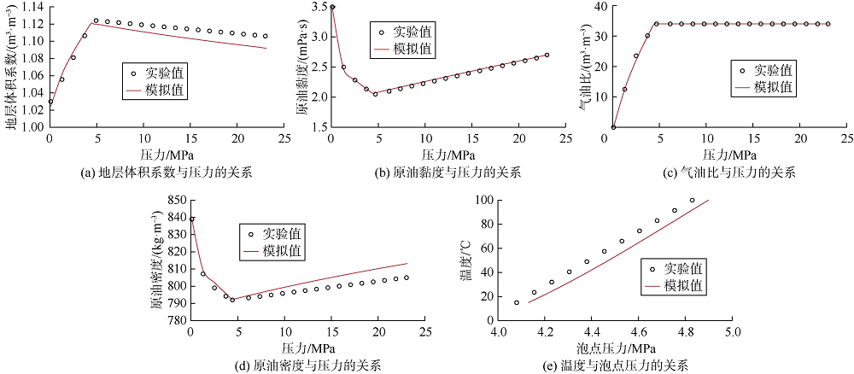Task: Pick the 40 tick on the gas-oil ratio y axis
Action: coord(599,8)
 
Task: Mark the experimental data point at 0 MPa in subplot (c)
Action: coord(613,127)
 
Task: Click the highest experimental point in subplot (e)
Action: coord(693,201)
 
